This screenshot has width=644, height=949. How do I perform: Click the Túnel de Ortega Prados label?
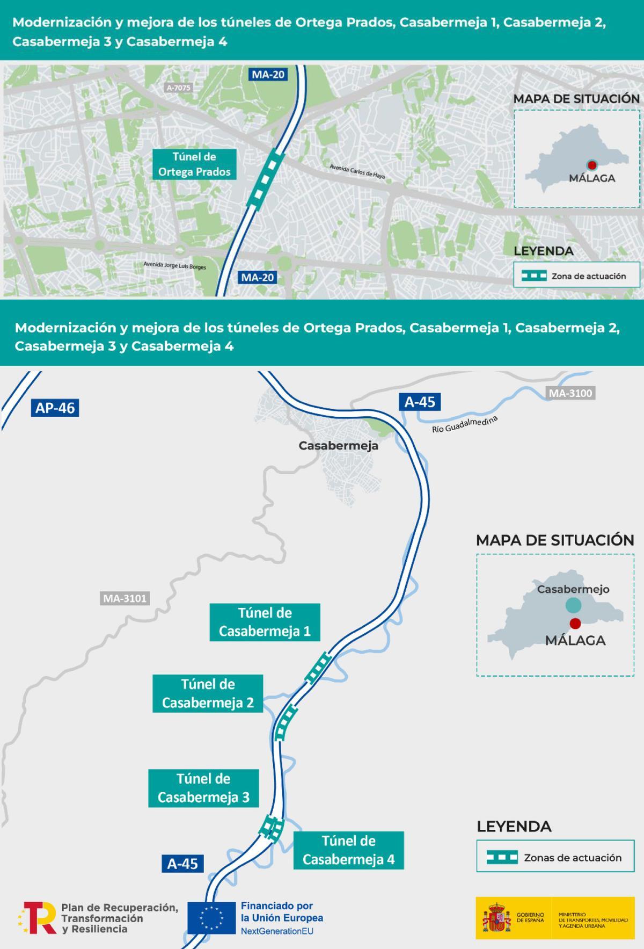194,164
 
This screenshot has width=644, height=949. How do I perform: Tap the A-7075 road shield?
178,88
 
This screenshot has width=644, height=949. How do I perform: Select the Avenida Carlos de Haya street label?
357,171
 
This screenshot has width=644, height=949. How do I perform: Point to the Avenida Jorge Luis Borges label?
174,265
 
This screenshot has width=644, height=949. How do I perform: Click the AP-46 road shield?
55,408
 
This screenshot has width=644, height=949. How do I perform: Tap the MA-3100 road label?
570,393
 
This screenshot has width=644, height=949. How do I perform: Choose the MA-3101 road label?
125,598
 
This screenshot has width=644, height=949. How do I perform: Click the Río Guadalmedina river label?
465,424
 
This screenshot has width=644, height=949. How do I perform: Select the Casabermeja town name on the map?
338,446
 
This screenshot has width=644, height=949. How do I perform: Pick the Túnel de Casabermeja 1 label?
265,622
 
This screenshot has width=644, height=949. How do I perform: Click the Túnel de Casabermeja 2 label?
208,693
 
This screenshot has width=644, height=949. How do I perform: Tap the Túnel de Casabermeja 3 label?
203,788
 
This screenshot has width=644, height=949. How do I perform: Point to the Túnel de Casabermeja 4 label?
348,850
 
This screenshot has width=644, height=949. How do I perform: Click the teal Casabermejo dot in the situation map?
573,605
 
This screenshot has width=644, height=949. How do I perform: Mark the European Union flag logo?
211,917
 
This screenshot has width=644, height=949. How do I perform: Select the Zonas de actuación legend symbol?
502,857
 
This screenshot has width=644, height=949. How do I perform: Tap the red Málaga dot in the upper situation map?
592,165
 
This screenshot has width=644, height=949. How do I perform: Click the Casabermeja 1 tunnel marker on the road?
318,667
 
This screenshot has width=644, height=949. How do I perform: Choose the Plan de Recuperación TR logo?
38,917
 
